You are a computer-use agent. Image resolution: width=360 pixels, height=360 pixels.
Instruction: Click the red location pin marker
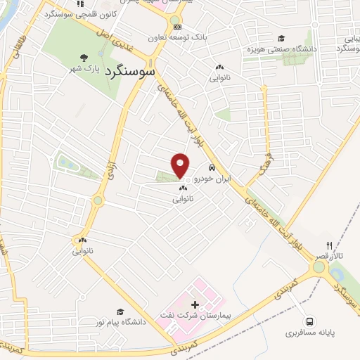(181, 165)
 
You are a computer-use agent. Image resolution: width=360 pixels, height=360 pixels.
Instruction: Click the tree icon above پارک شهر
(84, 58)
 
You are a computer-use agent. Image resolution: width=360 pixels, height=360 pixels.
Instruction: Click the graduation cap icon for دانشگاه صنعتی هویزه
(281, 38)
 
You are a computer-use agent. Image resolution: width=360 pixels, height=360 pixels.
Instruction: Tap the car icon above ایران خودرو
(212, 169)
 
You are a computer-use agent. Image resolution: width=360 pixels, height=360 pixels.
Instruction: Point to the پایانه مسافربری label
(309, 328)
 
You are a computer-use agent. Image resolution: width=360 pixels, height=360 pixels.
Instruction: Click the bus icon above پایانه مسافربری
(310, 318)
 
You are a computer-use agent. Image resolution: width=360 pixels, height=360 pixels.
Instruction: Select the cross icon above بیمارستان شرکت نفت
(195, 303)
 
